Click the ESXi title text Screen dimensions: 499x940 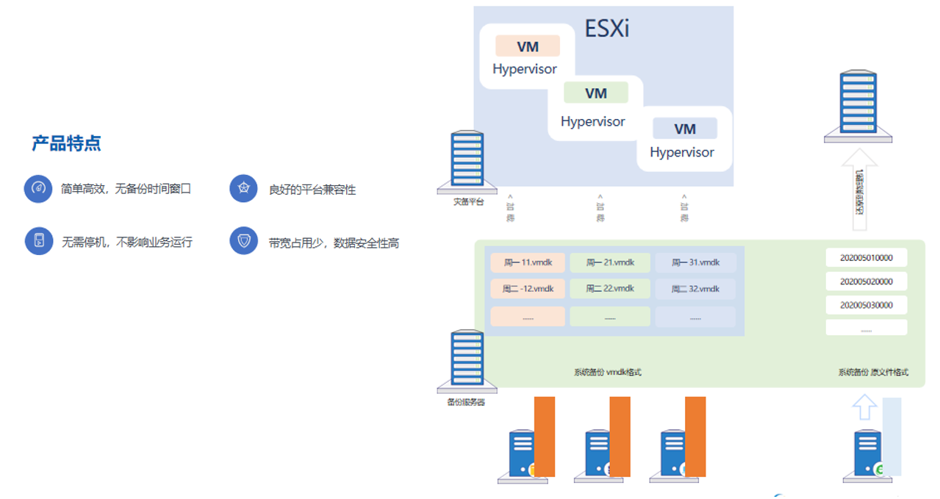[607, 29]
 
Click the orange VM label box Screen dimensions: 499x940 [528, 46]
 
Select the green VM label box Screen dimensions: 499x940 [596, 93]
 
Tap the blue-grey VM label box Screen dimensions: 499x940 [685, 129]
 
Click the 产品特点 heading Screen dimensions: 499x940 [66, 143]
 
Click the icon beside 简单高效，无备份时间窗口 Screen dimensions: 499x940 [38, 189]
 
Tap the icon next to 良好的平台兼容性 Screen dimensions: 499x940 [243, 189]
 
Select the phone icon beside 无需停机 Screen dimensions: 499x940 [38, 241]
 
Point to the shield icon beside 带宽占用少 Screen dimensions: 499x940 [243, 241]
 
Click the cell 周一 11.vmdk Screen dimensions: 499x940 [528, 262]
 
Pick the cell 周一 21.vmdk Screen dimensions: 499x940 [610, 262]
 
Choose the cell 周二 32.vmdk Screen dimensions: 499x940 [695, 289]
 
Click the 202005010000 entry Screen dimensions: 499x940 [866, 258]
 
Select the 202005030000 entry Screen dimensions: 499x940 [866, 305]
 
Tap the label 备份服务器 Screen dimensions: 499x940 [466, 402]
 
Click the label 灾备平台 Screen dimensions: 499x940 [468, 201]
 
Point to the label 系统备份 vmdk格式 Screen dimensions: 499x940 [607, 373]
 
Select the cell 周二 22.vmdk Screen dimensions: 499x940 [610, 289]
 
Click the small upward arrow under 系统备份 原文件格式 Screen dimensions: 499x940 [864, 406]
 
